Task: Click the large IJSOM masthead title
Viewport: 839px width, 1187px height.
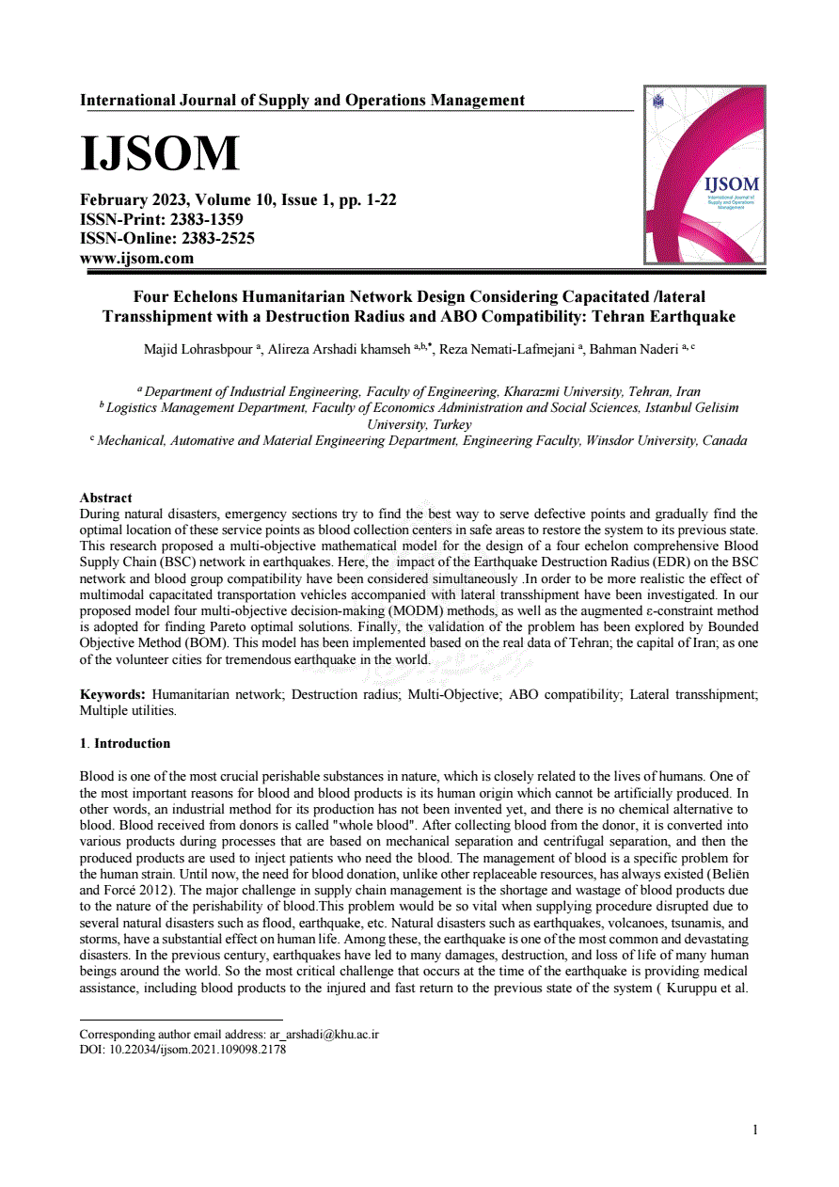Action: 160,153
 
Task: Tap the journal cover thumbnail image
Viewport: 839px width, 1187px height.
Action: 704,175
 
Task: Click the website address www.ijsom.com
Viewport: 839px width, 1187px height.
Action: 136,258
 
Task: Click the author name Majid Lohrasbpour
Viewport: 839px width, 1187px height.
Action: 198,350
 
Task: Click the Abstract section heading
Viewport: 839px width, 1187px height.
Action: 105,498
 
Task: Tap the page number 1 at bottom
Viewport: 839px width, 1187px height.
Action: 754,1130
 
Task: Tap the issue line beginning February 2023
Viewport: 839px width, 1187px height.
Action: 238,199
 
